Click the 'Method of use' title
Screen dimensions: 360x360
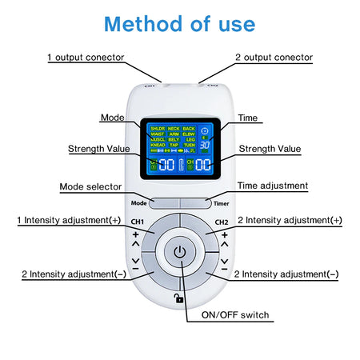pos(179,23)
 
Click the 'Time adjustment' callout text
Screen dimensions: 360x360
pos(272,186)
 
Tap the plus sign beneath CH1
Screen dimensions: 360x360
pos(135,234)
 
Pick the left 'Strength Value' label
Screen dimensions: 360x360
pos(94,149)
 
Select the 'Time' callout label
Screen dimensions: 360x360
pos(248,117)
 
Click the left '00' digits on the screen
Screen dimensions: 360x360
pos(166,165)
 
